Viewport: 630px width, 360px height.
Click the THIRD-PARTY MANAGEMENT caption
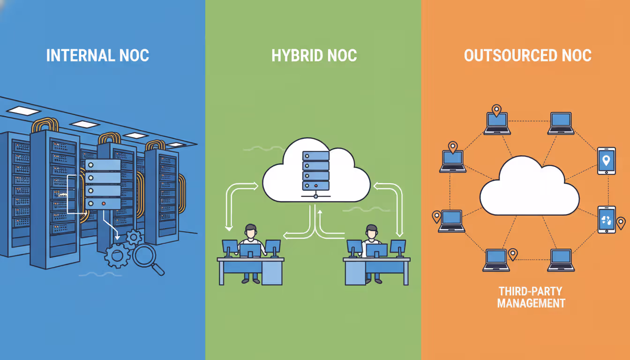coord(531,297)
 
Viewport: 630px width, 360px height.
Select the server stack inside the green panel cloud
coord(315,170)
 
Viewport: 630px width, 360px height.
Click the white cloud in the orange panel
coord(529,187)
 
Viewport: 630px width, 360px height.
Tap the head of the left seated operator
coord(251,231)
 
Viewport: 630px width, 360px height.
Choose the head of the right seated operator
coord(371,231)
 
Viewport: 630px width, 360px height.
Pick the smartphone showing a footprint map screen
coord(607,219)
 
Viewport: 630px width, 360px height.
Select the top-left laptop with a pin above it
coord(497,123)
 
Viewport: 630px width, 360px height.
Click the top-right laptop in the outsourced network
coord(561,123)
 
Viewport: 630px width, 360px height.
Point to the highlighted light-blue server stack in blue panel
coord(103,184)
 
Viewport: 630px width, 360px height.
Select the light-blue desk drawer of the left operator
coord(271,273)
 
